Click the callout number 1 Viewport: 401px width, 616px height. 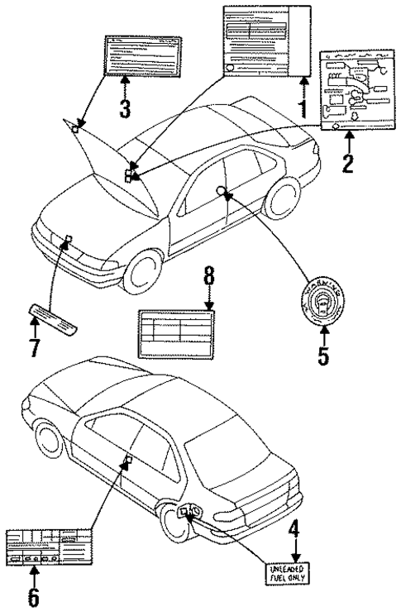coord(303,107)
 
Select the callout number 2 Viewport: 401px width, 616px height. coord(348,160)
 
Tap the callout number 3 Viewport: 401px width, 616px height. coord(124,107)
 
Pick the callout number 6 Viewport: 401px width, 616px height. coord(32,595)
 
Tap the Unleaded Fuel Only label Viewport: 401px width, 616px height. coord(287,573)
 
